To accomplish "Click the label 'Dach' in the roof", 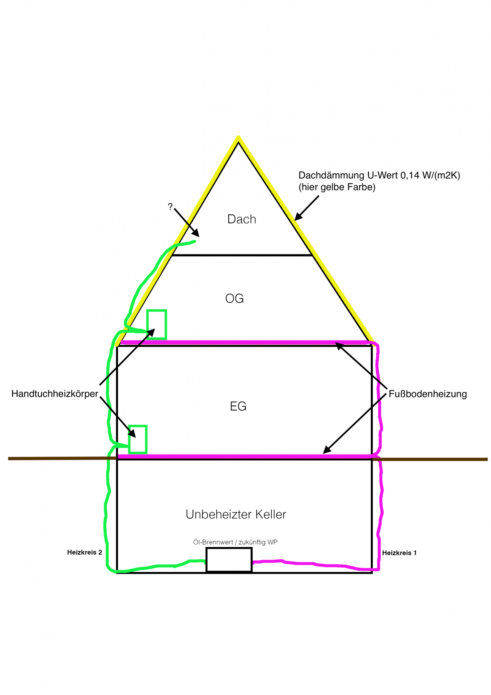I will [x=241, y=219].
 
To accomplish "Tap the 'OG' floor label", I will [x=234, y=299].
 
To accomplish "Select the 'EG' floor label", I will [x=238, y=406].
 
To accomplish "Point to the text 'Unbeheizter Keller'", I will [x=236, y=514].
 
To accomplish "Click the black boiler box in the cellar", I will [x=229, y=560].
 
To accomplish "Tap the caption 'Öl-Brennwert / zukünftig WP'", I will [x=235, y=542].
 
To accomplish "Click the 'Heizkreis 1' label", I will [x=399, y=553].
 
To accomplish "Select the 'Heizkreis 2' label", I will [x=84, y=552].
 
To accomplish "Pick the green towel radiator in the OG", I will [x=156, y=324].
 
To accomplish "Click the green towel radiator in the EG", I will [x=137, y=439].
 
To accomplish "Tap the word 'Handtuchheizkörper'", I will [x=55, y=393].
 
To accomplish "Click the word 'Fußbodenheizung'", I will [x=428, y=394].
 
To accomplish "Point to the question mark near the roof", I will [x=170, y=207].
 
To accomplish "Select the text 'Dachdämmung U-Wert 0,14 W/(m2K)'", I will [x=379, y=175].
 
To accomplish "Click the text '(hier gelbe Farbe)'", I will [x=336, y=187].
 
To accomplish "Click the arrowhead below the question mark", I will [x=196, y=234].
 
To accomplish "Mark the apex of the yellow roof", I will [x=238, y=138].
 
